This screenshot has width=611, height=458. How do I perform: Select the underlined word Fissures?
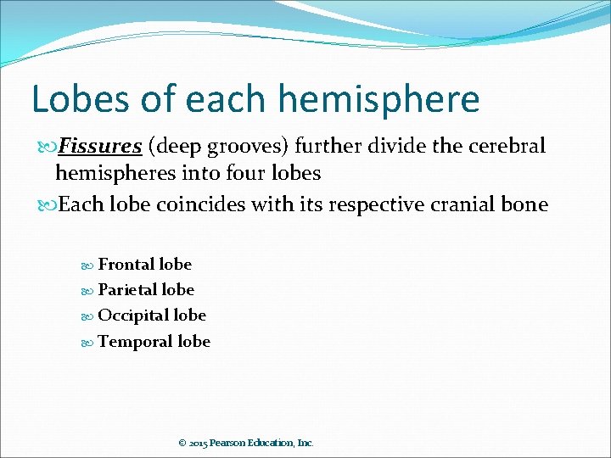click(x=98, y=147)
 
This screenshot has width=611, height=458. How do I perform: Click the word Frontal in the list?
click(x=127, y=264)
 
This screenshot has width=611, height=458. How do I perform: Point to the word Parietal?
click(x=130, y=289)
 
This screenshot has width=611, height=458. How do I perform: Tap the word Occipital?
click(x=133, y=315)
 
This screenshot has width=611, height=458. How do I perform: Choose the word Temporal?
click(x=136, y=341)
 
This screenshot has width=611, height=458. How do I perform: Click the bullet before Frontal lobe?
click(x=89, y=265)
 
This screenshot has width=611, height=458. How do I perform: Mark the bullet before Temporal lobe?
click(x=89, y=342)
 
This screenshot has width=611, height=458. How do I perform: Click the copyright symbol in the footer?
click(x=182, y=443)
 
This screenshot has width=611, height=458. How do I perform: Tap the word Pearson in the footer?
click(x=229, y=443)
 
